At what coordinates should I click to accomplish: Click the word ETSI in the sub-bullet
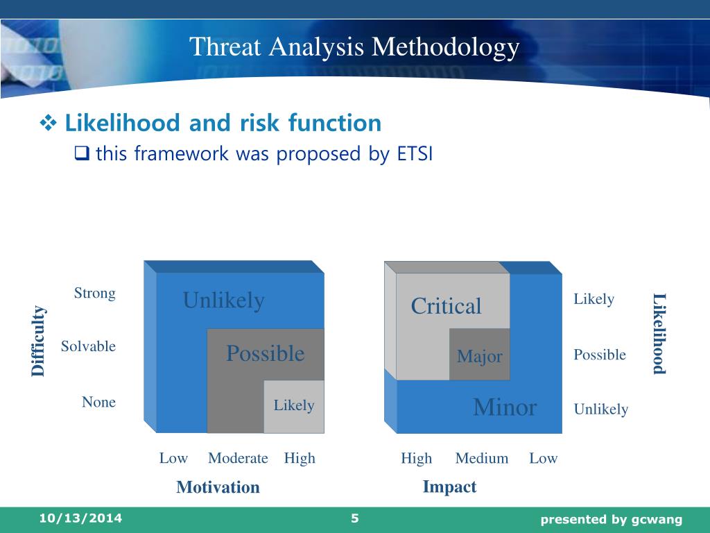(415, 153)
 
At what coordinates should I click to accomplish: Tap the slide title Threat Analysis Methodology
(354, 47)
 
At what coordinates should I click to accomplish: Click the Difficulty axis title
(38, 341)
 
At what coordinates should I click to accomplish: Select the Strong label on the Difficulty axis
(94, 294)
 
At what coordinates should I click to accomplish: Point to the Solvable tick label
(88, 346)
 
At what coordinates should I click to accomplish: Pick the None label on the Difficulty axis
(98, 402)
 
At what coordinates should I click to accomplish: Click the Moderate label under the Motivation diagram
(238, 458)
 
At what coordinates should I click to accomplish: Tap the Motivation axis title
(218, 487)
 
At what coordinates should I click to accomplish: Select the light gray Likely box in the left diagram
(294, 407)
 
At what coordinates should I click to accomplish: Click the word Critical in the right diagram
(446, 306)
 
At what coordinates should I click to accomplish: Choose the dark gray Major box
(480, 355)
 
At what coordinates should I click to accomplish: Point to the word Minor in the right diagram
(505, 407)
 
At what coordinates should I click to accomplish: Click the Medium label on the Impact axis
(482, 458)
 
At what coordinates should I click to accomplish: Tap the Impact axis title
(449, 487)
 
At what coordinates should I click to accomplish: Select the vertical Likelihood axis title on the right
(659, 334)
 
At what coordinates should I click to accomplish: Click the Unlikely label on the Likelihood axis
(601, 409)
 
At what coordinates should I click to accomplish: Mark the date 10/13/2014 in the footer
(80, 518)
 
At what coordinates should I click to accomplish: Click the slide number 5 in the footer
(354, 518)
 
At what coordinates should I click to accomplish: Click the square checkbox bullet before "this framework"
(82, 153)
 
